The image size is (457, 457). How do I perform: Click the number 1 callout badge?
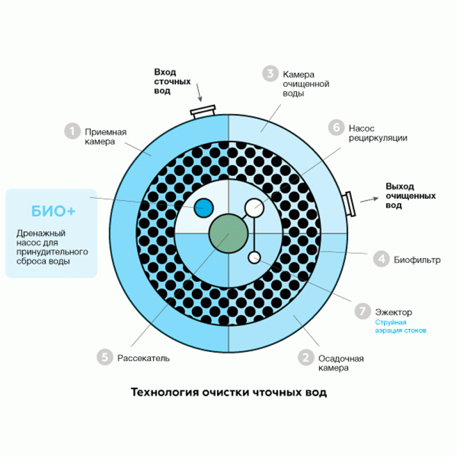[x=71, y=131]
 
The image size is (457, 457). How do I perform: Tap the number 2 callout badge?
[x=305, y=357]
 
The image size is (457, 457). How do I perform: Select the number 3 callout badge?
[x=269, y=74]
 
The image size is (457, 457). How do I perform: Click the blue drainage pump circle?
[x=203, y=207]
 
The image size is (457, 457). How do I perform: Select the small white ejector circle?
[x=254, y=257]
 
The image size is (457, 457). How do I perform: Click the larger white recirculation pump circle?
[x=254, y=208]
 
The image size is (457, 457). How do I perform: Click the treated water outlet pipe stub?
[x=350, y=203]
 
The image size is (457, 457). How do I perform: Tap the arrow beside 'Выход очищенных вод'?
[x=368, y=200]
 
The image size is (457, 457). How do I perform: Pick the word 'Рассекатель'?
[x=144, y=358]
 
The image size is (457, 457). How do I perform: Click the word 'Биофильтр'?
[x=417, y=260]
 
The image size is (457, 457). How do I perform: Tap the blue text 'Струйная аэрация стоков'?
[x=400, y=326]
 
